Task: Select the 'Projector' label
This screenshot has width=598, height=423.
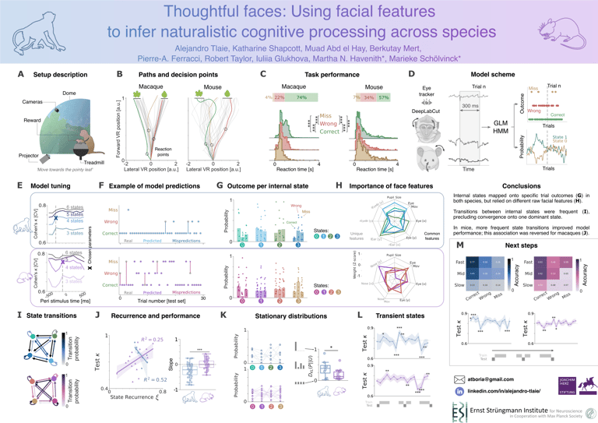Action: pyautogui.click(x=30, y=156)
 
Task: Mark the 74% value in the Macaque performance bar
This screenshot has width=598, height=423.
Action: pyautogui.click(x=301, y=97)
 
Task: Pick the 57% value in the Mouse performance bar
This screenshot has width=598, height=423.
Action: pyautogui.click(x=384, y=97)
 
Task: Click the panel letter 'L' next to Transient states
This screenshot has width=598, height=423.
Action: pyautogui.click(x=358, y=315)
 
